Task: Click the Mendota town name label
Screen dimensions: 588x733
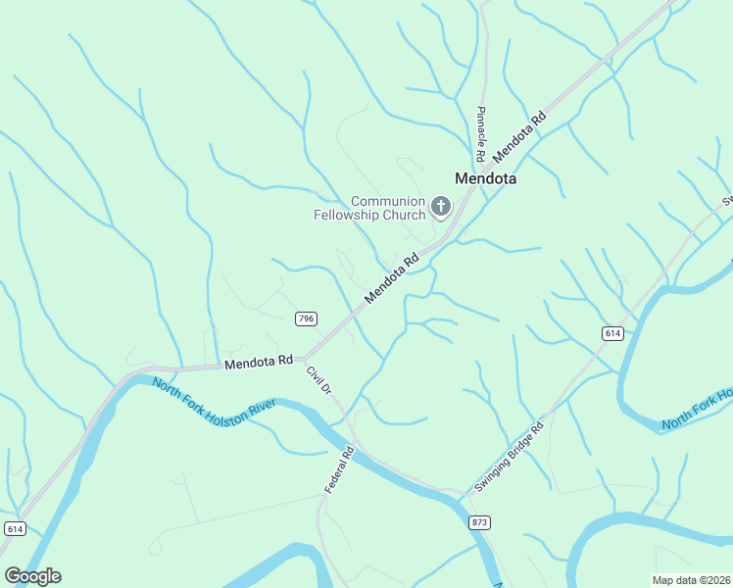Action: [485, 179]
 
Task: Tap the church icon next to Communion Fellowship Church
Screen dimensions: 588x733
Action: [441, 207]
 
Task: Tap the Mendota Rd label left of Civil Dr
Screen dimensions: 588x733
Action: [259, 363]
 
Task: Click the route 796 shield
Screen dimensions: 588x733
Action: [306, 318]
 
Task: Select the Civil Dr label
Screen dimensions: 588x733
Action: [319, 380]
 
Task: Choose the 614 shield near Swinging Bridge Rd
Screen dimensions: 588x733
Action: [612, 334]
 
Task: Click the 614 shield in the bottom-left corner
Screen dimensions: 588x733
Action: [14, 528]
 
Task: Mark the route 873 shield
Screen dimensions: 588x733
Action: [478, 522]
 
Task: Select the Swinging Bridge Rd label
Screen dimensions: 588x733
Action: [509, 458]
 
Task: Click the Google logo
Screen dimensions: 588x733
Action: [32, 575]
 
